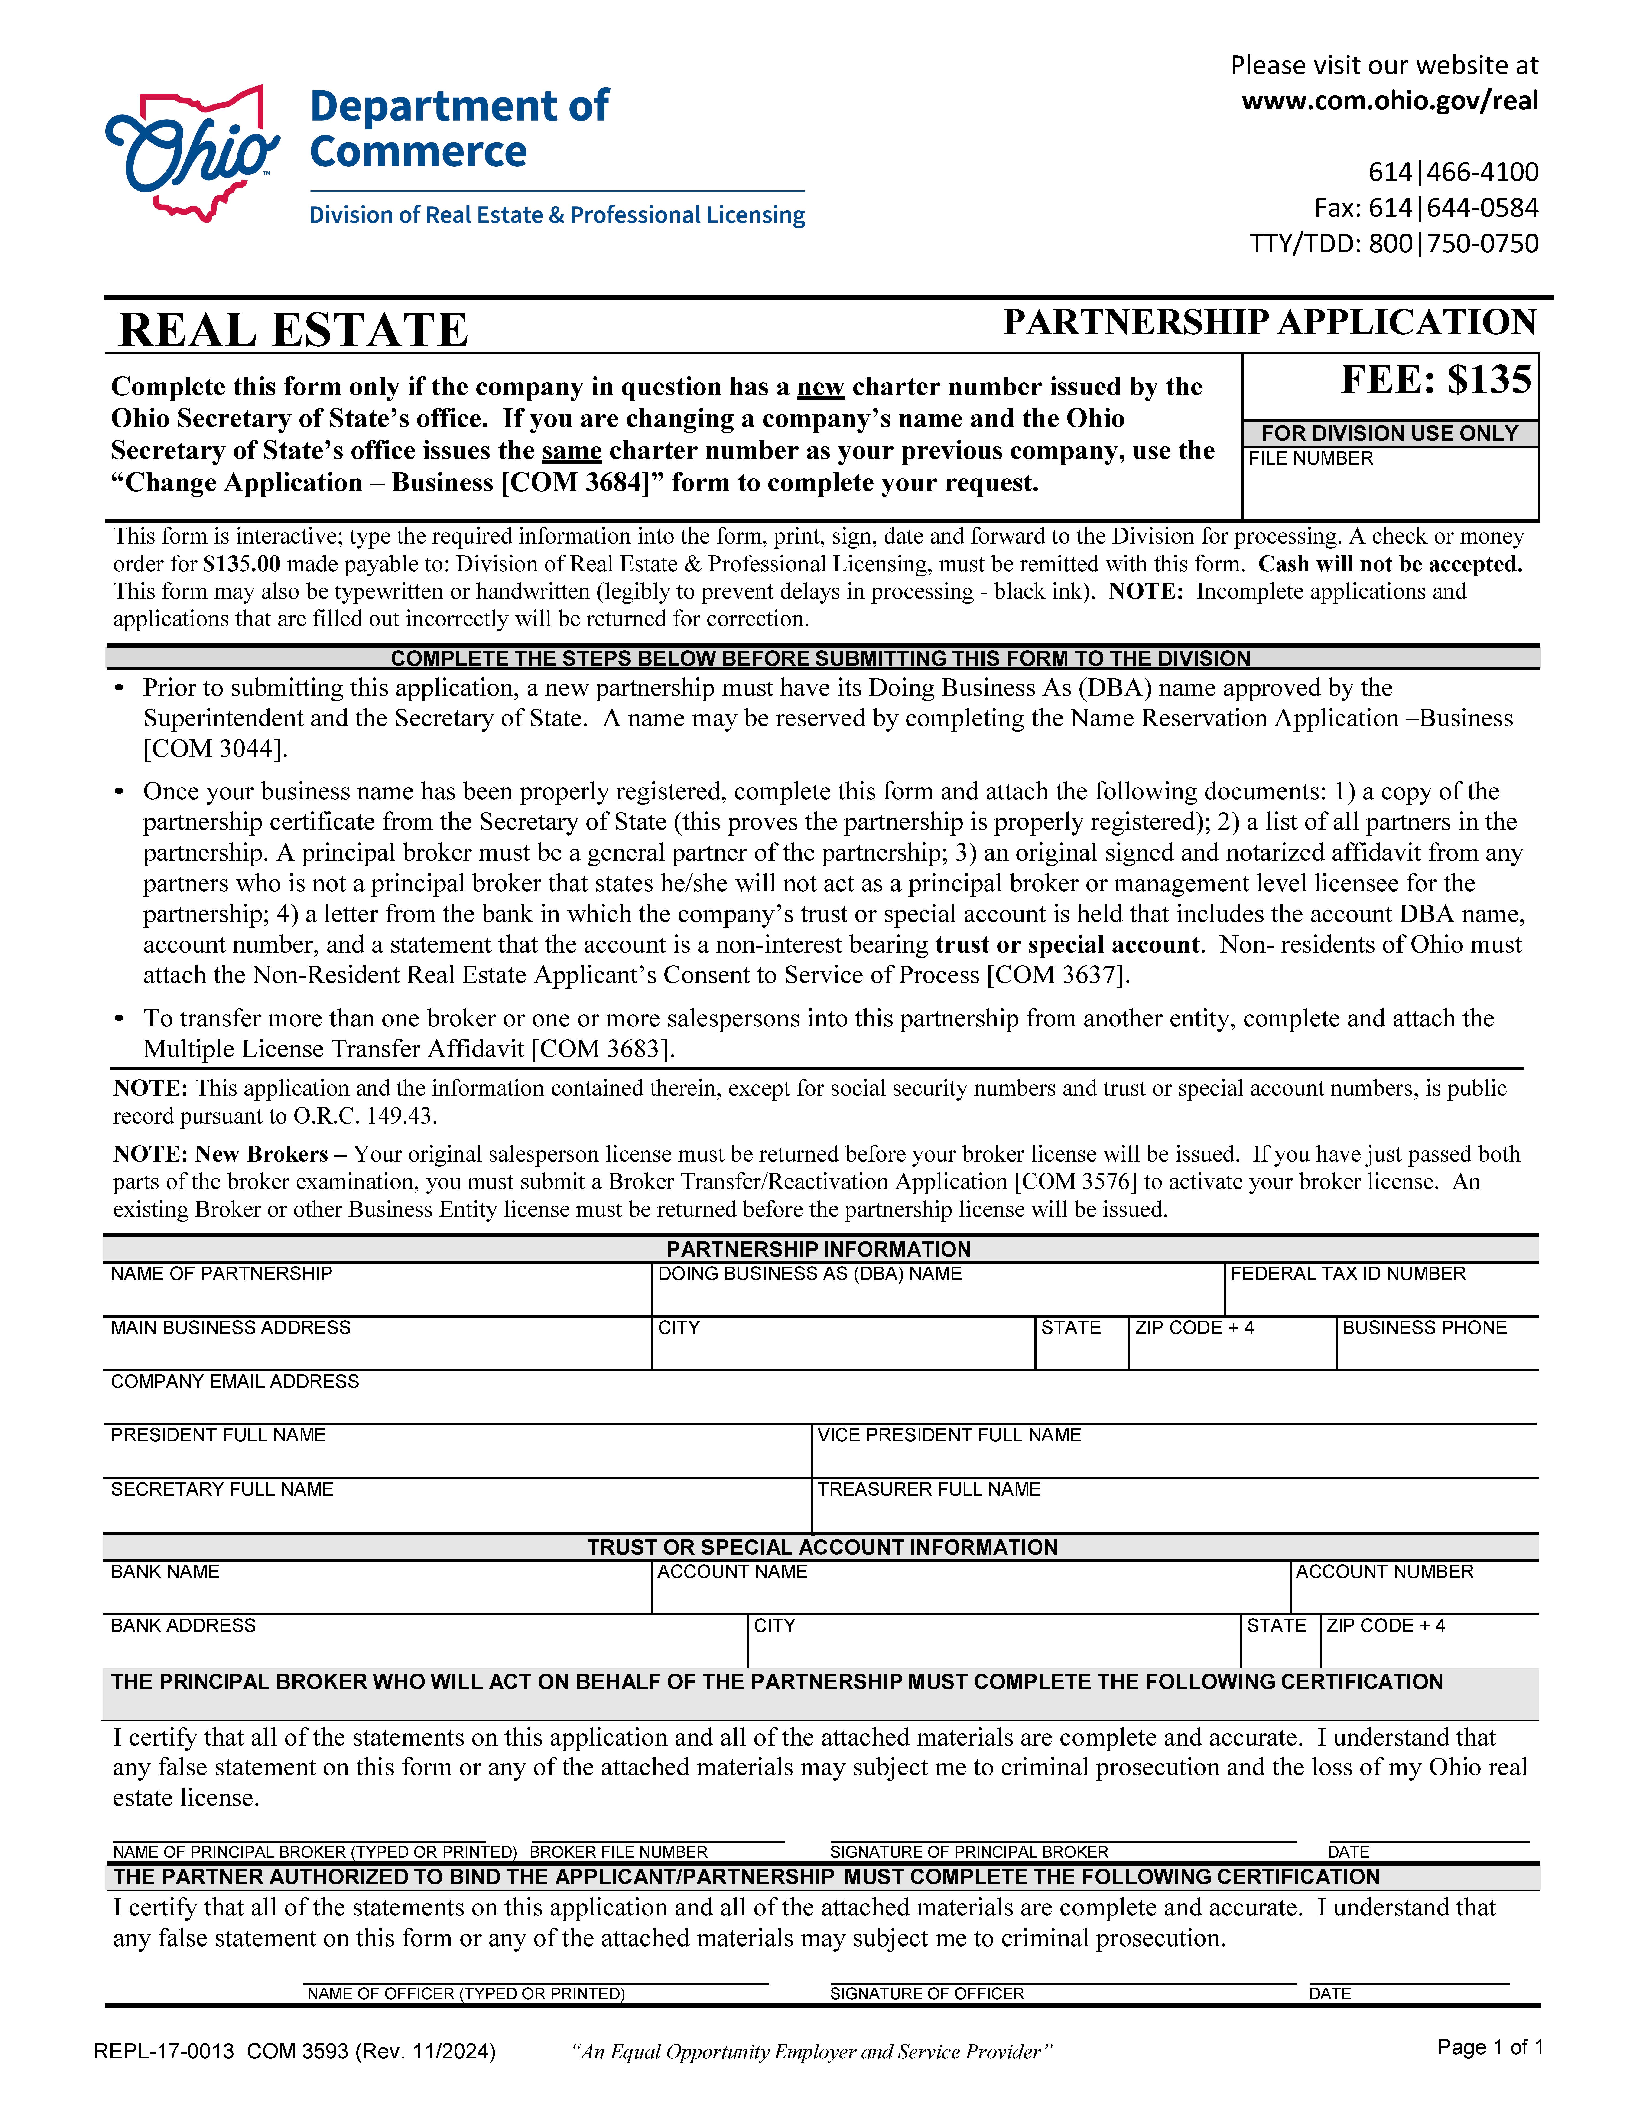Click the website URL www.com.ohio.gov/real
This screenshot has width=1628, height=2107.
(1389, 100)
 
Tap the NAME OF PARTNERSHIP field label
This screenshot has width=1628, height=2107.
(221, 1273)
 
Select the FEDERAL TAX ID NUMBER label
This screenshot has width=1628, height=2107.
(1347, 1273)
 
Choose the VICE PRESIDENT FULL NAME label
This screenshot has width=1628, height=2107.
(949, 1435)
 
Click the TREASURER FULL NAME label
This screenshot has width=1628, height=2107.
(929, 1489)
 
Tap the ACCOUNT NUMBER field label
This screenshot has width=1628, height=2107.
(1384, 1572)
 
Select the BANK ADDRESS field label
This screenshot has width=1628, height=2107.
(183, 1626)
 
